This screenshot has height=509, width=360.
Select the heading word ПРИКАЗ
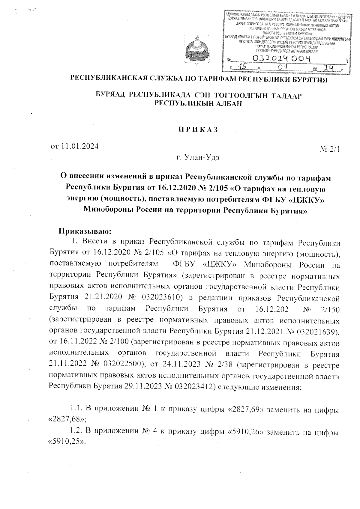click(x=197, y=130)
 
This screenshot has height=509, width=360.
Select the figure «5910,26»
click(x=247, y=432)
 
